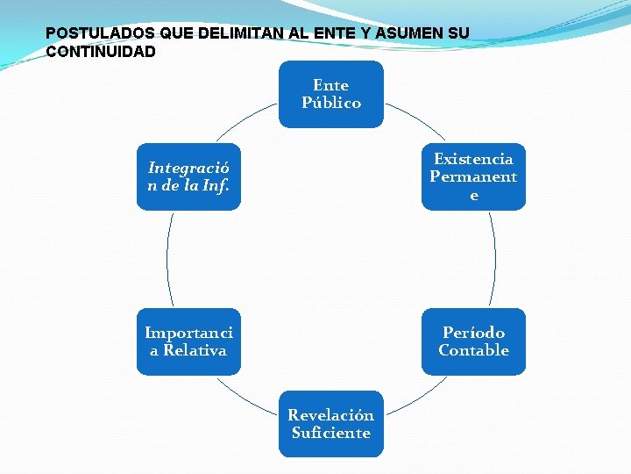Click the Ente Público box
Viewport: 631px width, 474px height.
point(331,94)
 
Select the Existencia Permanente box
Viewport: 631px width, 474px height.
point(473,176)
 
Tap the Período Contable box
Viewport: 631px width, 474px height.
point(473,341)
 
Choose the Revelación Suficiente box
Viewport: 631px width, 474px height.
point(331,424)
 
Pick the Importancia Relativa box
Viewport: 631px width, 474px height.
point(188,341)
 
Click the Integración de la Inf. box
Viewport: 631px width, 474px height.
point(188,176)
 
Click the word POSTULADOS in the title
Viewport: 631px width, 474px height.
point(100,33)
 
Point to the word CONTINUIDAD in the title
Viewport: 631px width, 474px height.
point(101,52)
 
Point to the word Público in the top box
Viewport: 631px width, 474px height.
point(331,103)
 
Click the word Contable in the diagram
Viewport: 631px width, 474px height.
point(473,350)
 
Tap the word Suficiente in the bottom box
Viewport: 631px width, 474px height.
point(331,433)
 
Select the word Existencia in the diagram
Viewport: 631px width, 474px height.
point(473,159)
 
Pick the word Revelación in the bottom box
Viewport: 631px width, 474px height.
point(331,415)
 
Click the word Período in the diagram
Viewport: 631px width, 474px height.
point(473,333)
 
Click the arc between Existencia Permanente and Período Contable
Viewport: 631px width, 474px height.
point(494,259)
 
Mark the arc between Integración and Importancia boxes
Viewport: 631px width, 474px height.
point(167,259)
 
